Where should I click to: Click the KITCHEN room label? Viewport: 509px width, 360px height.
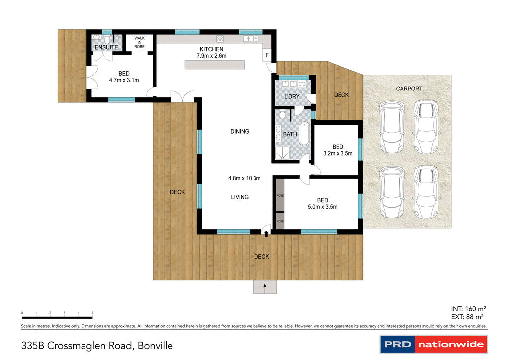(211, 49)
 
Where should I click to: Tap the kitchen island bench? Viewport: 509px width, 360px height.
(215, 65)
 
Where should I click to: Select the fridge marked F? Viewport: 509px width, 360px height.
(267, 55)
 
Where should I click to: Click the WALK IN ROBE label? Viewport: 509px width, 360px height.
(139, 42)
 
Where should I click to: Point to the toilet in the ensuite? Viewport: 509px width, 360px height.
(108, 40)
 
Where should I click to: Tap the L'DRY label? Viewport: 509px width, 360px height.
(291, 96)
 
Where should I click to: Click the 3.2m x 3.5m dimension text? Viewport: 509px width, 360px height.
(338, 153)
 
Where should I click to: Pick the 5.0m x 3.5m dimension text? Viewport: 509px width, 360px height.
(322, 207)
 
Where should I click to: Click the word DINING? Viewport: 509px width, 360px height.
(240, 132)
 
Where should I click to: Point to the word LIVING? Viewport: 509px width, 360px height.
(240, 197)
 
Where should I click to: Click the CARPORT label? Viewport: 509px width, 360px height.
(409, 89)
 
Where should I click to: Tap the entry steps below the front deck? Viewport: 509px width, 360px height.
(265, 287)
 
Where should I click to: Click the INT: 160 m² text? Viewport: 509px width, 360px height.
(468, 307)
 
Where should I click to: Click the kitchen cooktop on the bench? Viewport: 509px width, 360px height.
(220, 38)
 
